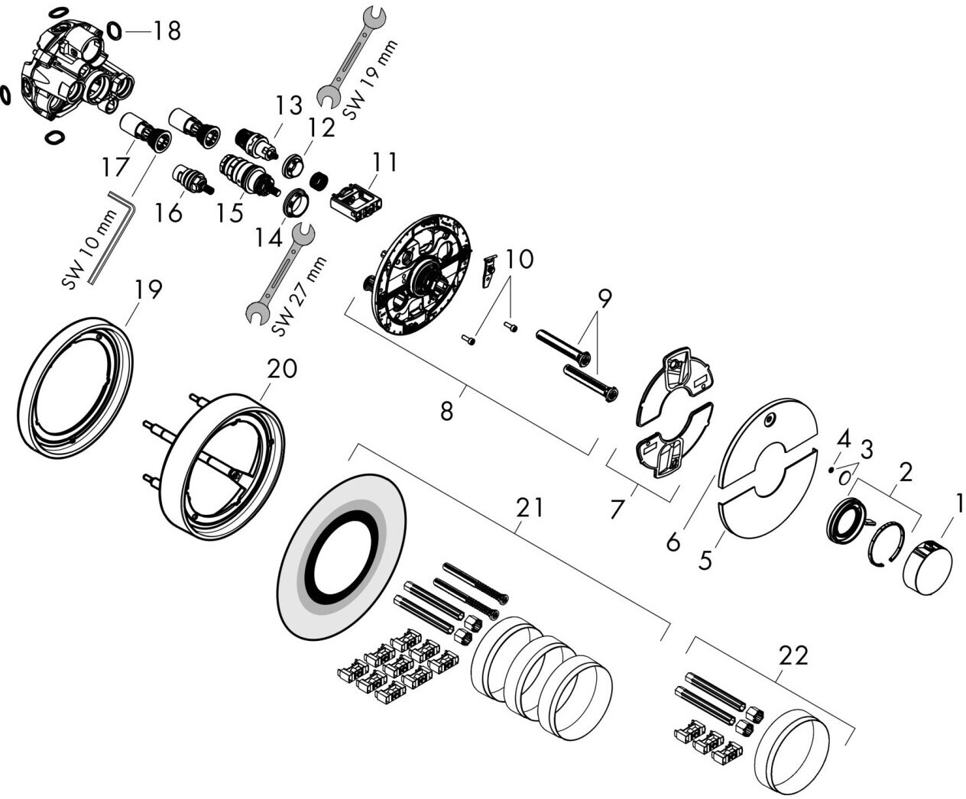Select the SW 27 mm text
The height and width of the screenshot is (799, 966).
(300, 296)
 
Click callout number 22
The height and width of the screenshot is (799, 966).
(793, 655)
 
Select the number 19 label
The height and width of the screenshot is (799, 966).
(148, 290)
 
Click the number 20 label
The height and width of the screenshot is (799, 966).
(282, 370)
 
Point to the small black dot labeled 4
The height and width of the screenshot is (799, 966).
(831, 470)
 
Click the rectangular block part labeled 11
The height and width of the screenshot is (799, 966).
(357, 202)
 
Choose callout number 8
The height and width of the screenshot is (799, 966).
(446, 410)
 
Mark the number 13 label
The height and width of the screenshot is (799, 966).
(290, 105)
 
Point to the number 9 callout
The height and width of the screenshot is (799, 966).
(604, 299)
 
